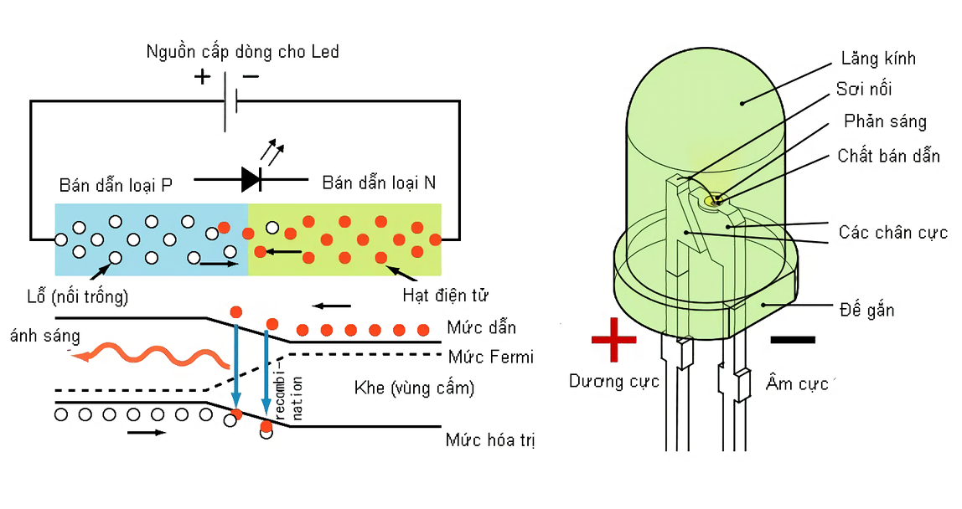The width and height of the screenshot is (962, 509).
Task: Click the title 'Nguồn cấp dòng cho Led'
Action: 242,52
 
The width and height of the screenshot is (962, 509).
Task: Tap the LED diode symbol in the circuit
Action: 252,178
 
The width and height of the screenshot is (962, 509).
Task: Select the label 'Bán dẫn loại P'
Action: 116,184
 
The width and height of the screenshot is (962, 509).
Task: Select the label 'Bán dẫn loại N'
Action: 379,183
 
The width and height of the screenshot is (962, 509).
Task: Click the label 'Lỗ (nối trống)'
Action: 78,296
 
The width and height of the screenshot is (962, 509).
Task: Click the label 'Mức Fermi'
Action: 490,357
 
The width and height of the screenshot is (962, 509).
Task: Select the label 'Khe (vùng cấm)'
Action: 414,388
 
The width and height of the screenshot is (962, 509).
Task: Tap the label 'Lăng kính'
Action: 878,59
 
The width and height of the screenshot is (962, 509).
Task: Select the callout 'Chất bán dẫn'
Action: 888,157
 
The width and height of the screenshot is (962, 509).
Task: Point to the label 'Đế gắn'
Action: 866,310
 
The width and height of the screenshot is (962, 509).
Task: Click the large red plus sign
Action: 614,339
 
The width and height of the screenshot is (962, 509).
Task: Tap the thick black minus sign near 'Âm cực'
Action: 792,339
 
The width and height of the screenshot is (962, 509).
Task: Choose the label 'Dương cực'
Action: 614,382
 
